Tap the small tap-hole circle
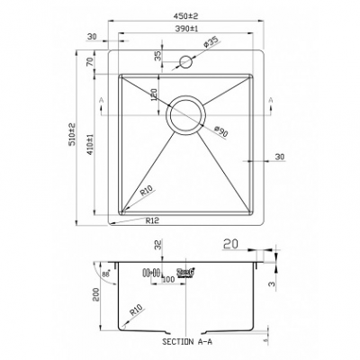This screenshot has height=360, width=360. tap(189, 62)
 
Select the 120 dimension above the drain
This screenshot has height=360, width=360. tap(154, 94)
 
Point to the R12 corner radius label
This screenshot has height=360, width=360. tap(150, 219)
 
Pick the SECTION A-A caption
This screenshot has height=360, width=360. tap(187, 343)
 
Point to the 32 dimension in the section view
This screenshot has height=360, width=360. tap(158, 243)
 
